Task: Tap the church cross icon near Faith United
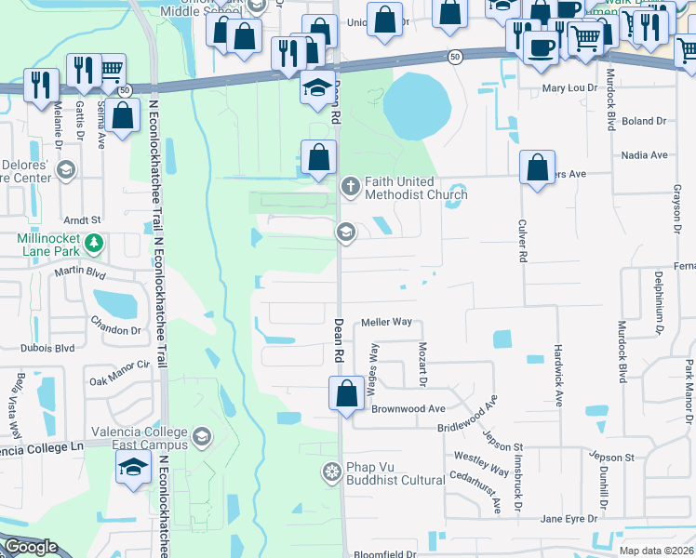350,186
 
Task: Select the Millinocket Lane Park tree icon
93,244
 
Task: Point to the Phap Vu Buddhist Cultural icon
330,472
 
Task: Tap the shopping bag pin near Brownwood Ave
346,392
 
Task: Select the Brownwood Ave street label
408,408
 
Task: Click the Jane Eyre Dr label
567,518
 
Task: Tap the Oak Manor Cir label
118,381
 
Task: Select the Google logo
30,547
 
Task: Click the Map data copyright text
656,551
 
